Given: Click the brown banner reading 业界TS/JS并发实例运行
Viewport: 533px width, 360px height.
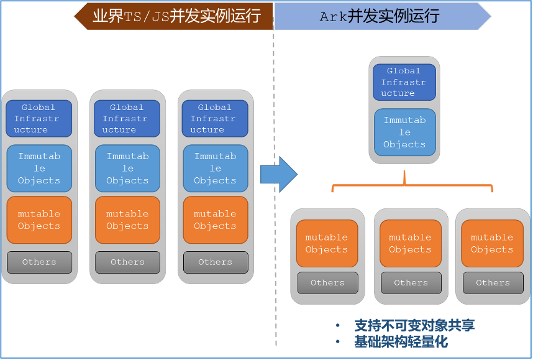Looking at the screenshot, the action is click(x=174, y=16).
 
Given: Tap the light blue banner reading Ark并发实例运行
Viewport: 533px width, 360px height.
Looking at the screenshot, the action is click(x=383, y=16).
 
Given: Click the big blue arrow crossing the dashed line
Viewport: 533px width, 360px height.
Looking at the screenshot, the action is click(x=279, y=175).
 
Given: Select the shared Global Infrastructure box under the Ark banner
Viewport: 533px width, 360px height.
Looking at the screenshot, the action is click(x=404, y=82).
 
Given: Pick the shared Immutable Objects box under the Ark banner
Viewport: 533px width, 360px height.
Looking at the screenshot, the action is click(x=404, y=132).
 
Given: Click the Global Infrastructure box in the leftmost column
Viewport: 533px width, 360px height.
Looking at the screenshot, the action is click(x=39, y=118).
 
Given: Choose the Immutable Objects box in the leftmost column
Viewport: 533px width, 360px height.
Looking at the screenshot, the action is click(x=39, y=168).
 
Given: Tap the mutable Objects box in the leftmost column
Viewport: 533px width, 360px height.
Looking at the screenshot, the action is click(x=39, y=220).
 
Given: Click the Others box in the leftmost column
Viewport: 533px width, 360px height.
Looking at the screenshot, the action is click(x=39, y=262).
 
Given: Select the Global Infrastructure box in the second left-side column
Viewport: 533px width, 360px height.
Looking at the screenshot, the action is click(x=127, y=118).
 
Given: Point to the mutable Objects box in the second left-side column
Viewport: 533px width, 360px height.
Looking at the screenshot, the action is click(x=127, y=220).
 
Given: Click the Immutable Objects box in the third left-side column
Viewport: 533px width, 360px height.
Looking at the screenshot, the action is click(x=216, y=168).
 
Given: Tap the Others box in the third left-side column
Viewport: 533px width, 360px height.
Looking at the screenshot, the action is click(x=216, y=262).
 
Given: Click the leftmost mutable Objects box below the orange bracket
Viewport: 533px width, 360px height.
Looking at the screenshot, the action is click(x=327, y=243).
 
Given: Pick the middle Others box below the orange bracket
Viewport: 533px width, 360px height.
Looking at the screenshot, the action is click(x=411, y=282).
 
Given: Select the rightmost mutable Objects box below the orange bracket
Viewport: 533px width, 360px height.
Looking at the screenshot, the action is click(x=492, y=243).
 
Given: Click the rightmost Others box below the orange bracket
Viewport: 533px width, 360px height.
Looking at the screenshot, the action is click(x=493, y=282).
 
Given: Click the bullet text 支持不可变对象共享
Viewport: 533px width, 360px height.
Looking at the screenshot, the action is click(x=414, y=326).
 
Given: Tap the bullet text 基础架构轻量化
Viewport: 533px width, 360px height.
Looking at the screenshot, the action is click(x=401, y=341).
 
